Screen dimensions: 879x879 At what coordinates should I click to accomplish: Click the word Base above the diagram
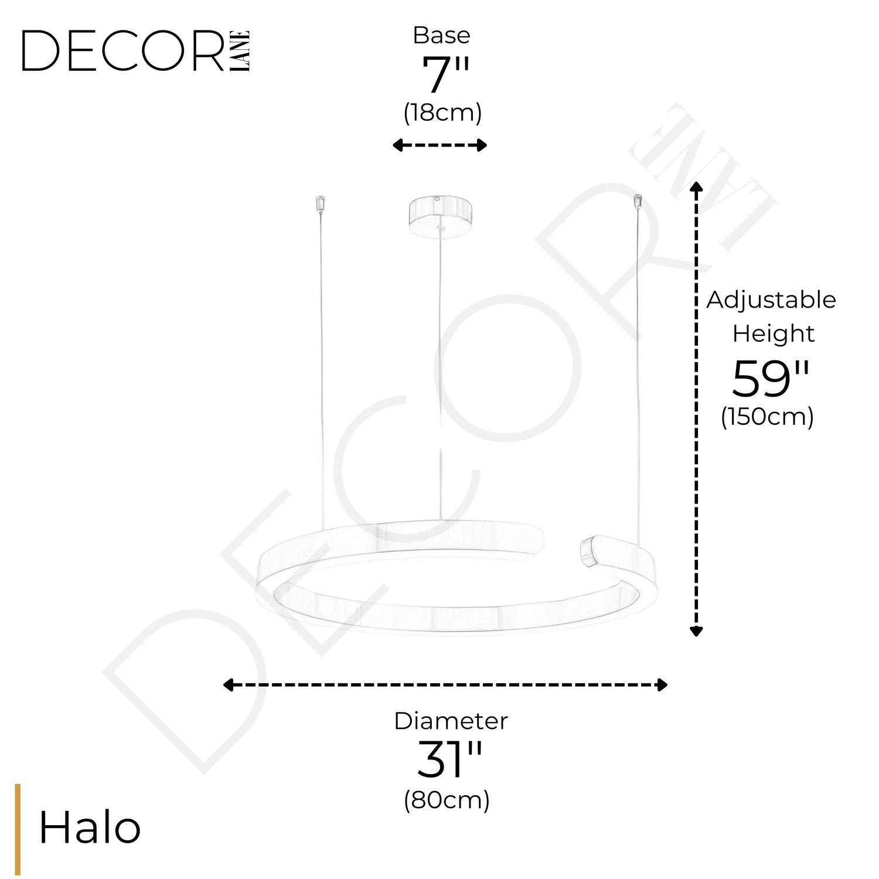coord(441,35)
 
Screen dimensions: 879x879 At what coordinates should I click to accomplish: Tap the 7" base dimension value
coord(445,76)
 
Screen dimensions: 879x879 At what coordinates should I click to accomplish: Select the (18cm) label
coord(442,112)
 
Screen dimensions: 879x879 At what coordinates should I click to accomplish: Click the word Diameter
coord(451,721)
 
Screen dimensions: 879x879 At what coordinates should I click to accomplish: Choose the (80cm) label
coord(447,799)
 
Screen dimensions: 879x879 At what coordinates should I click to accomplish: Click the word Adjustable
coord(771,300)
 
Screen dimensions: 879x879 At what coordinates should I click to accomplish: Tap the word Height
coord(773,333)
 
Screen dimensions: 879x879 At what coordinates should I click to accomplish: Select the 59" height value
coord(771,379)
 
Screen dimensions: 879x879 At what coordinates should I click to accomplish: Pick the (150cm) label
coord(767,417)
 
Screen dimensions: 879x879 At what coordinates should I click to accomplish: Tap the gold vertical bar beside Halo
coord(18,829)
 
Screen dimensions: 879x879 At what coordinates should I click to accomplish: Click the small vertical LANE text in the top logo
coord(241,51)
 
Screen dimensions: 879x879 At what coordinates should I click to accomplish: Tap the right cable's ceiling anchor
coord(636,202)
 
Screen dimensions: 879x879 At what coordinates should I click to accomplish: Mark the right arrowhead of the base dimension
coord(482,145)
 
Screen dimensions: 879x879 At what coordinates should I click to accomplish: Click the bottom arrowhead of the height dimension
coord(696,631)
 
